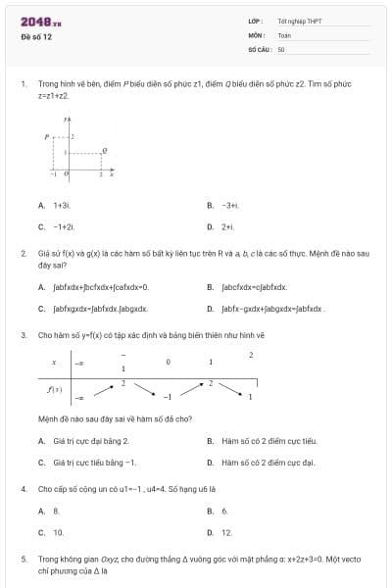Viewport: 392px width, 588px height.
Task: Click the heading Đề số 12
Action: pyautogui.click(x=36, y=36)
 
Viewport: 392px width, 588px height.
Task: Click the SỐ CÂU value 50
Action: pyautogui.click(x=281, y=48)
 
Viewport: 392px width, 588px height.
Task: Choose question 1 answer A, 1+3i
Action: pyautogui.click(x=61, y=205)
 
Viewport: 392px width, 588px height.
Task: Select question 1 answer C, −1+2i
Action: pyautogui.click(x=64, y=226)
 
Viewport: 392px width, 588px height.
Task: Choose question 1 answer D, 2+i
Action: pyautogui.click(x=227, y=226)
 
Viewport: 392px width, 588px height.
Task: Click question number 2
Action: pyautogui.click(x=23, y=253)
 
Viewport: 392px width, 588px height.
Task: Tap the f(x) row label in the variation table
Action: pyautogui.click(x=56, y=389)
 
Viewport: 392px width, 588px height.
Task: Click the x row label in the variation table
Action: pyautogui.click(x=54, y=363)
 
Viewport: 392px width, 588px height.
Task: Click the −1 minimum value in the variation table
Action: pyautogui.click(x=168, y=398)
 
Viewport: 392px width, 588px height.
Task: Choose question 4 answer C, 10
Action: pyautogui.click(x=58, y=532)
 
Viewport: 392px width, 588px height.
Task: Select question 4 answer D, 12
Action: pyautogui.click(x=226, y=532)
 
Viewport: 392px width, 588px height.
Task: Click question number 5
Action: pyautogui.click(x=23, y=558)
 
